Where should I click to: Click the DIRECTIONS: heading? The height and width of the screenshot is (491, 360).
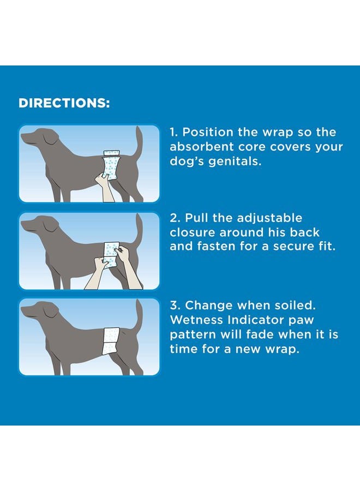pyautogui.click(x=64, y=103)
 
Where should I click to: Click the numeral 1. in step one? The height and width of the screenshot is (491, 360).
pyautogui.click(x=174, y=133)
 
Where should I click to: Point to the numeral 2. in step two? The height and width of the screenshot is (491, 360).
pyautogui.click(x=175, y=218)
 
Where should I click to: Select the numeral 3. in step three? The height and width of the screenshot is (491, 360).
pyautogui.click(x=175, y=306)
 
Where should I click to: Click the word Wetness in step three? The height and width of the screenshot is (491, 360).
pyautogui.click(x=195, y=320)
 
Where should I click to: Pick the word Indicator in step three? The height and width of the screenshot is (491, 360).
pyautogui.click(x=256, y=320)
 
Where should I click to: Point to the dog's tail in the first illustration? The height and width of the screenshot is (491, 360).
pyautogui.click(x=139, y=145)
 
